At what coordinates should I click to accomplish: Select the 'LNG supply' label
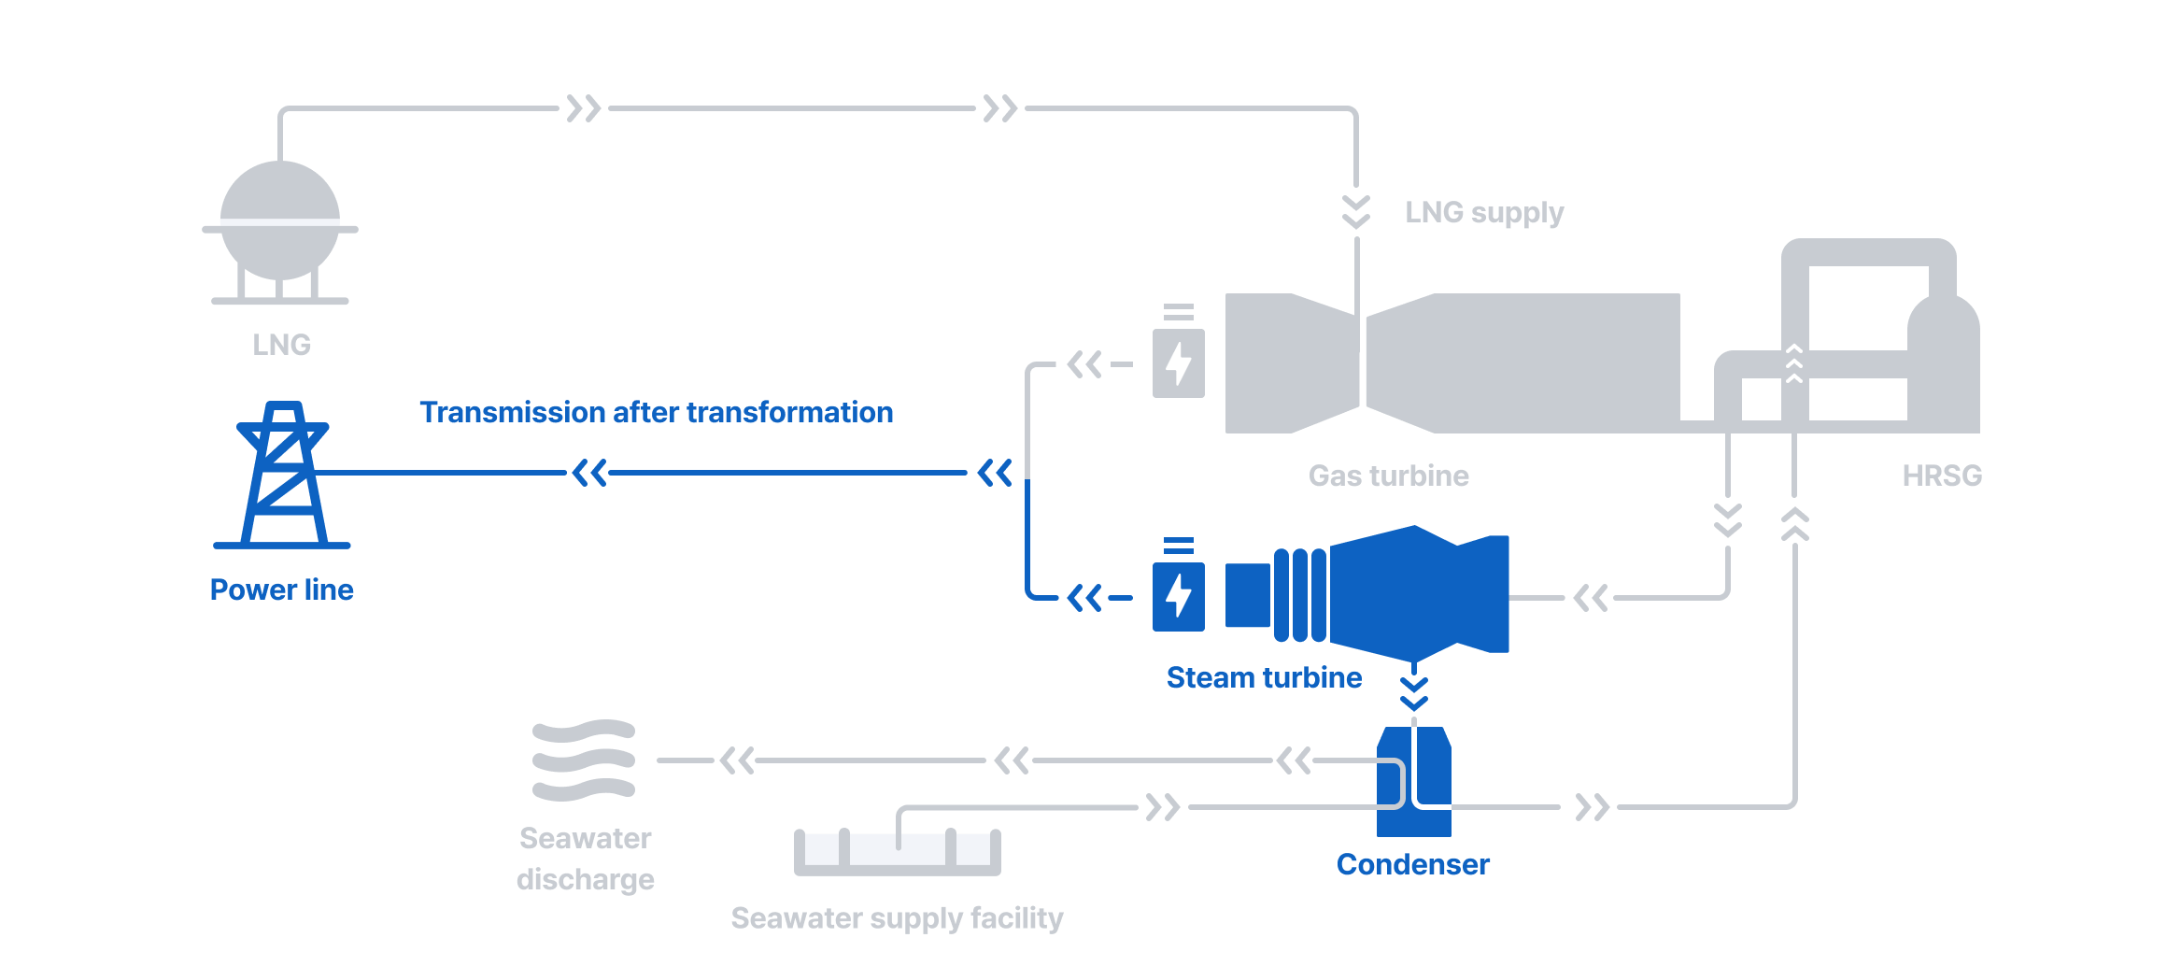1484,213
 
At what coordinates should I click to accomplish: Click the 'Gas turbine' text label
1388,476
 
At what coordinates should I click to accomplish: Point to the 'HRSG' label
1942,476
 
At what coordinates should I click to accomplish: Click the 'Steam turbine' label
1264,677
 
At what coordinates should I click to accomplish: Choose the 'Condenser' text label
1412,864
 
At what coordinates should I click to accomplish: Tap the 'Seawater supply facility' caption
897,918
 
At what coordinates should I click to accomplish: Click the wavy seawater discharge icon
584,760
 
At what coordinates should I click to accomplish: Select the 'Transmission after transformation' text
656,412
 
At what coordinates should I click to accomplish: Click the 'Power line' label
281,590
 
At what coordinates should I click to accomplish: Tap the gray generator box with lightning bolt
1178,362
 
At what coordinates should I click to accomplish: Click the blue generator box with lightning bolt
1178,596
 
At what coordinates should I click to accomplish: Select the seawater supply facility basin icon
897,851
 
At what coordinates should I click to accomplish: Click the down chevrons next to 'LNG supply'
1356,212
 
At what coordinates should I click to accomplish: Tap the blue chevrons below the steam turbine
1414,694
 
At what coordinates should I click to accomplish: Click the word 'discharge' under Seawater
585,879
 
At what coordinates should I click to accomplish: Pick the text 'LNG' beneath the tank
281,345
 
